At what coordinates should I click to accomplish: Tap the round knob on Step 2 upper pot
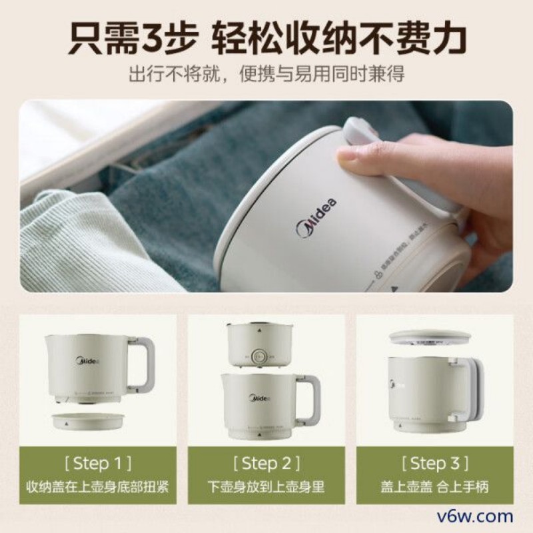[257, 355]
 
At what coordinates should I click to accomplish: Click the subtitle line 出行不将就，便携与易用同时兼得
[266, 74]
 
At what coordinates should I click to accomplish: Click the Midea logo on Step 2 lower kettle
[260, 398]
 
